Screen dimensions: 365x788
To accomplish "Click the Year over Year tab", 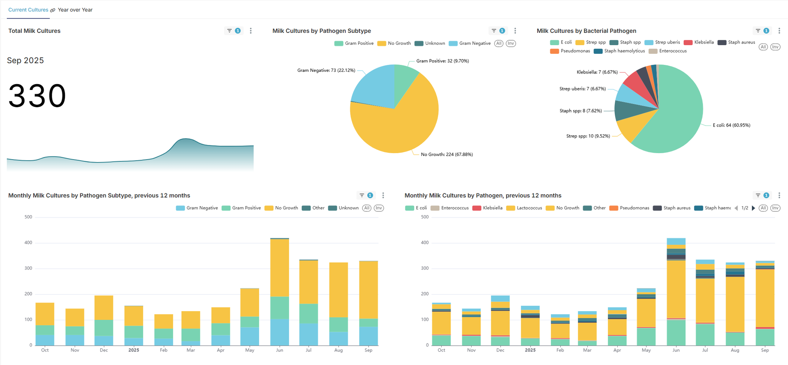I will pos(75,10).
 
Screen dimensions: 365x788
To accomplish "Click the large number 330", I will pos(37,96).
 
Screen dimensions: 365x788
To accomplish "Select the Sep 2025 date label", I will pos(25,61).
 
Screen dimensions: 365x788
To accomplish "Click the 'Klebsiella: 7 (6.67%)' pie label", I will pos(597,72).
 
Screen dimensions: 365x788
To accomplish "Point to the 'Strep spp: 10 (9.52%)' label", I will pos(588,136).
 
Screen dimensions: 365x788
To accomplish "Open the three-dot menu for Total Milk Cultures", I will pos(251,31).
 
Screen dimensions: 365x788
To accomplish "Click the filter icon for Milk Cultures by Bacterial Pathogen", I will pos(758,31).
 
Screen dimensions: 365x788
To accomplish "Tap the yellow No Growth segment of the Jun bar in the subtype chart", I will pos(279,267).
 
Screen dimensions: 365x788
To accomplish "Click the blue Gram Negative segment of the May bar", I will pos(250,336).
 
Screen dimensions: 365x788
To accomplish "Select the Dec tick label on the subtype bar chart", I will pos(104,350).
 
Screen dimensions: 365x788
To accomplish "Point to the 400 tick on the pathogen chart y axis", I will pos(425,243).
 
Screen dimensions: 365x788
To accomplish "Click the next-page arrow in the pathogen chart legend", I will pos(754,208).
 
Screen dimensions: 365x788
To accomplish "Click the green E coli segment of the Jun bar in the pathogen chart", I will pos(676,333).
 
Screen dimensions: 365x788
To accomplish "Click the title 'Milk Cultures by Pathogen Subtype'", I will pos(321,31).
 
